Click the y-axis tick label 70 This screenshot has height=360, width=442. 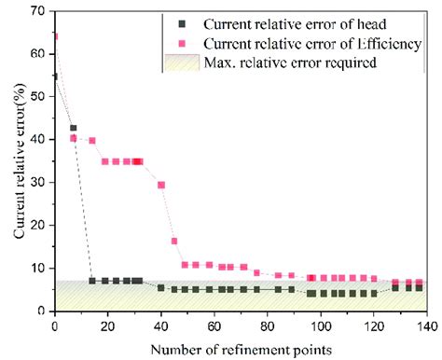38,11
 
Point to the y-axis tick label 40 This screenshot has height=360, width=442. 38,139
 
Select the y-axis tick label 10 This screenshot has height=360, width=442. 38,268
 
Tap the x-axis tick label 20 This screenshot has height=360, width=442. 107,326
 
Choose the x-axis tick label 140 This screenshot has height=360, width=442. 428,326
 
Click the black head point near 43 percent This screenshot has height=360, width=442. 74,128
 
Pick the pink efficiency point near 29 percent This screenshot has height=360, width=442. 161,185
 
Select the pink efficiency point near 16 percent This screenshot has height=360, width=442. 174,241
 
